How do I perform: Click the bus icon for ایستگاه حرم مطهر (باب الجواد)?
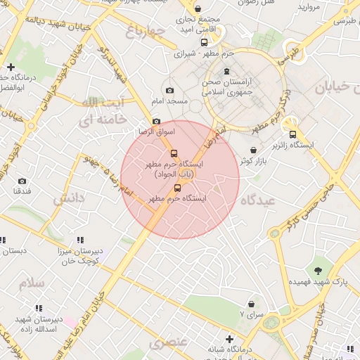pyautogui.click(x=174, y=153)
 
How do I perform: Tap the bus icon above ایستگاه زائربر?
pyautogui.click(x=292, y=135)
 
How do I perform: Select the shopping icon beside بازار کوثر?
pyautogui.click(x=253, y=150)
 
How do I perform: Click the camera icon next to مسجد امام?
pyautogui.click(x=169, y=90)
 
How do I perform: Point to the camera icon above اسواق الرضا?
pyautogui.click(x=156, y=121)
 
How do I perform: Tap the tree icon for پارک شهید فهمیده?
pyautogui.click(x=319, y=269)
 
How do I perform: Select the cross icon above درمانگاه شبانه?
pyautogui.click(x=229, y=339)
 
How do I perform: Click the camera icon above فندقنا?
pyautogui.click(x=22, y=181)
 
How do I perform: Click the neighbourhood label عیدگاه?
pyautogui.click(x=259, y=200)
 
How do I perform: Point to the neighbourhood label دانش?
pyautogui.click(x=69, y=199)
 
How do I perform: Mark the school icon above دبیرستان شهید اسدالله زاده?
pyautogui.click(x=39, y=307)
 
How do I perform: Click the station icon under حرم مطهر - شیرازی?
pyautogui.click(x=226, y=70)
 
